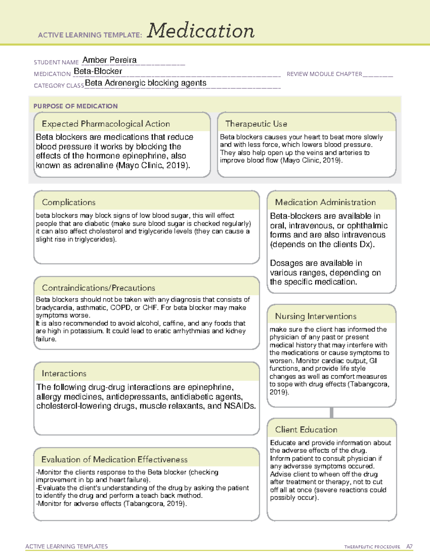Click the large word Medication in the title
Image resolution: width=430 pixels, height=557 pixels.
[200, 31]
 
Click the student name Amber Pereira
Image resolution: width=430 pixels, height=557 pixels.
[109, 60]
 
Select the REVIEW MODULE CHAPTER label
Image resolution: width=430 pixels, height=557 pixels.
[324, 74]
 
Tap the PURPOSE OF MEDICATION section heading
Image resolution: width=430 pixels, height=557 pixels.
[75, 106]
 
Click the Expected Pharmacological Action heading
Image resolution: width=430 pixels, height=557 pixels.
[106, 124]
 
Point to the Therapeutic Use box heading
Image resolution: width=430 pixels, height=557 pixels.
[256, 124]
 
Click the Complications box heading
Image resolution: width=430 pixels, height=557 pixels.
[68, 202]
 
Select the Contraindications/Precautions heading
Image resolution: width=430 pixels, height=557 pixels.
[98, 288]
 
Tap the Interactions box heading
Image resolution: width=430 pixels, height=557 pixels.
[64, 373]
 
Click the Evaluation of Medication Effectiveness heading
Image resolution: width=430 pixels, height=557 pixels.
[114, 459]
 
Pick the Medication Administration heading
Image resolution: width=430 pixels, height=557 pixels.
[325, 202]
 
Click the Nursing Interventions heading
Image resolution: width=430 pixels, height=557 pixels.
[315, 316]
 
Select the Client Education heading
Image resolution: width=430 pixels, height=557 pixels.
[306, 429]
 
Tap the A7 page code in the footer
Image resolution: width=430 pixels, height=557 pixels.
[409, 547]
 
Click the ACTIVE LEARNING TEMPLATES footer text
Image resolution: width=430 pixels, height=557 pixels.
[66, 546]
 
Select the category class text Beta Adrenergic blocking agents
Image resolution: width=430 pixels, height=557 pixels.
[145, 83]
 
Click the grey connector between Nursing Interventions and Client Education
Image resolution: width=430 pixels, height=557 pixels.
[331, 412]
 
